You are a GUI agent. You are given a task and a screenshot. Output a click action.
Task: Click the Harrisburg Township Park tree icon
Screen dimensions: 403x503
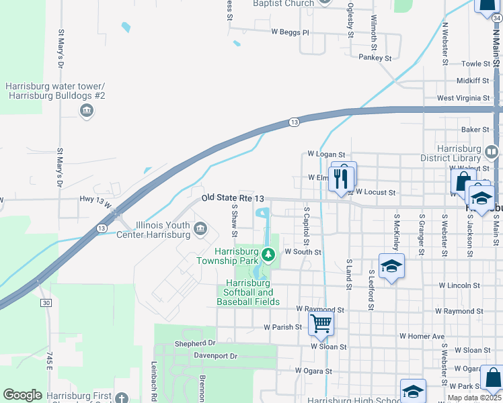click(x=268, y=254)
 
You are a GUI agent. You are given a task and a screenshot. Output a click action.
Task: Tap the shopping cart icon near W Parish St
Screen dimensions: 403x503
click(x=321, y=324)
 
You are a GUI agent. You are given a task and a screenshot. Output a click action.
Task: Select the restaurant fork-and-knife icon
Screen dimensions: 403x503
click(x=344, y=178)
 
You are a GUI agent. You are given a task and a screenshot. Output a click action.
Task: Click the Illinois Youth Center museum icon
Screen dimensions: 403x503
click(x=200, y=230)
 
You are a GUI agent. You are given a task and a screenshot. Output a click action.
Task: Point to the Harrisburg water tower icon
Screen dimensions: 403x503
click(x=86, y=111)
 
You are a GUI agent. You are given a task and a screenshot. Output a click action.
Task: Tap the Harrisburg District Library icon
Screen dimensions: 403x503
click(x=492, y=149)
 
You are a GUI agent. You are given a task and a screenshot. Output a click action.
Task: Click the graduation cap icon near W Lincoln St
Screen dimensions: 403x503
click(x=391, y=266)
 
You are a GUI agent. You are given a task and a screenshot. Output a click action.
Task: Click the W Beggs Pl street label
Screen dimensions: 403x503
click(x=290, y=32)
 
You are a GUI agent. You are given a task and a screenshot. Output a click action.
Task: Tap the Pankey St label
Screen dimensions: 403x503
click(x=375, y=58)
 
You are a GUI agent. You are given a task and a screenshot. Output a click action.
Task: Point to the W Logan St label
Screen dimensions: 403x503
click(x=325, y=154)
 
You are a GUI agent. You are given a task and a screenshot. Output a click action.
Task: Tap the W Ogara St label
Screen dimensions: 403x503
click(x=313, y=371)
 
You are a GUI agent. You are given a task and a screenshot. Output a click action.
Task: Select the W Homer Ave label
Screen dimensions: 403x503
click(x=422, y=336)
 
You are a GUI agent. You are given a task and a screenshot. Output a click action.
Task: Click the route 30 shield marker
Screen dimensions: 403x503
click(x=45, y=303)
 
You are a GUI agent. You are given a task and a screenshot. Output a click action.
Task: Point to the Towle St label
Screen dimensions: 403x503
click(x=476, y=64)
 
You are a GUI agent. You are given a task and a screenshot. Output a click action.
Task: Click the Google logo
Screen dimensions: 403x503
click(x=22, y=395)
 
